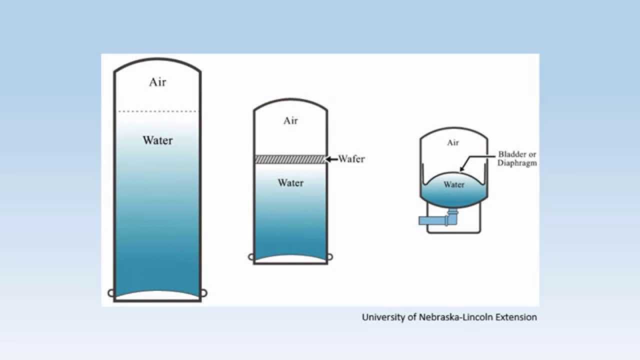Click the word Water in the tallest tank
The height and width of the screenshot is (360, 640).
coord(157,140)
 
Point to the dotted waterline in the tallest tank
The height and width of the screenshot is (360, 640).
coord(157,111)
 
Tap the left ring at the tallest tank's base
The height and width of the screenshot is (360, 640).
coord(111,293)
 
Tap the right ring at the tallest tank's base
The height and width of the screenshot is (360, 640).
coord(204,293)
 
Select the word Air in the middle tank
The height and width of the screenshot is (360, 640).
coord(290,120)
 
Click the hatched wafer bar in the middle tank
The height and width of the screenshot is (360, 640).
coord(290,159)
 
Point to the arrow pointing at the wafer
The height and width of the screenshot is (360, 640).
coord(331,159)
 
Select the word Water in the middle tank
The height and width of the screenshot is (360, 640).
coord(290,183)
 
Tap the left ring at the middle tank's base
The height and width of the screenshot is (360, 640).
coord(251,257)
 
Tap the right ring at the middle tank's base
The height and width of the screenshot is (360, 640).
coord(330,257)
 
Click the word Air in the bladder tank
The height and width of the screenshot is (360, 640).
coord(453,143)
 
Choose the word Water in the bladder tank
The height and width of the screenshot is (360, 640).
coord(454,185)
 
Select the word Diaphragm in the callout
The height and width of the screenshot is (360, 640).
coord(517,163)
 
